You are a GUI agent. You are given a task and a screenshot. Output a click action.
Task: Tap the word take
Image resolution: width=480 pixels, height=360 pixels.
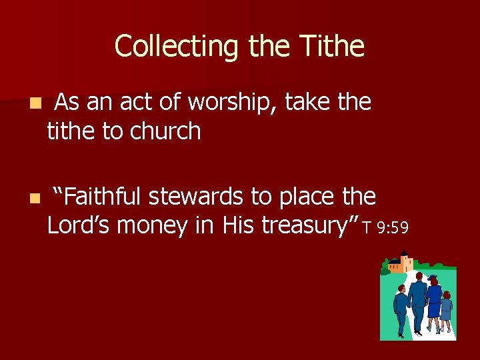[310, 103]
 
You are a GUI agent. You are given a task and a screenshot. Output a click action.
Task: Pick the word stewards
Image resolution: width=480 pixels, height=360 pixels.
[197, 197]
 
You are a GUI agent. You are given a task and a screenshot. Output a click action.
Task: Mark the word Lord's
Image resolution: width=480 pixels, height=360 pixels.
[78, 226]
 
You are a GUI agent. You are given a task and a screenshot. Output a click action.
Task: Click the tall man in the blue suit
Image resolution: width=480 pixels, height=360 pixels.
[418, 300]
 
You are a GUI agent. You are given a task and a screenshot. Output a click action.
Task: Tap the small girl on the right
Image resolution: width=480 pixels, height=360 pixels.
[446, 311]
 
